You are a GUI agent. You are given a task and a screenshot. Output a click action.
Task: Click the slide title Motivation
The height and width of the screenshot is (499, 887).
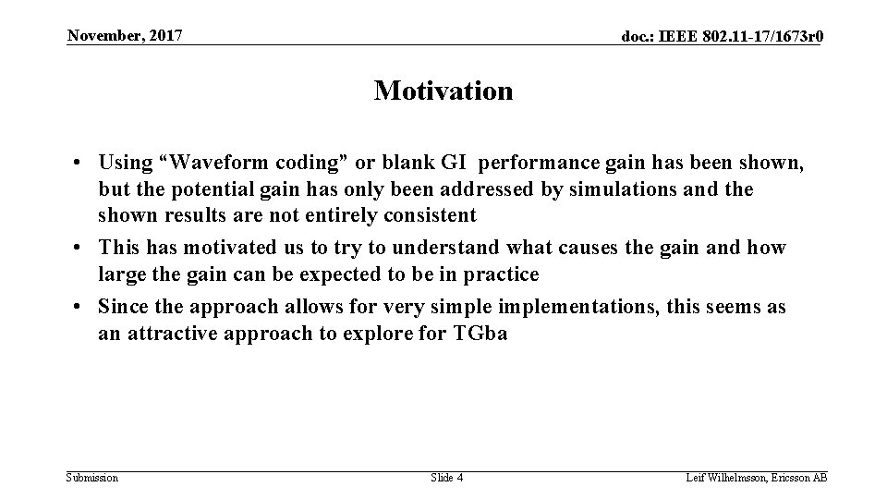point(443,91)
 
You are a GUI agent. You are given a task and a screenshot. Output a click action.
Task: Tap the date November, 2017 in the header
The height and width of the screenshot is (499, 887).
point(125,36)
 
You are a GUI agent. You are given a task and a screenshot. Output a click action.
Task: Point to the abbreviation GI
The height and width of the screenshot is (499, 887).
point(453,163)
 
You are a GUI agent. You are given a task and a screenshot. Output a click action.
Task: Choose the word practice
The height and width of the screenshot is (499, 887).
point(500,274)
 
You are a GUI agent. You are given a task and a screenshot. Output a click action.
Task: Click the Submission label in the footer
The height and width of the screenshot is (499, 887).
point(92,478)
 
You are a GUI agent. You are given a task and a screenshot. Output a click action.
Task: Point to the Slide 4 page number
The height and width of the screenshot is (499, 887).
point(447,478)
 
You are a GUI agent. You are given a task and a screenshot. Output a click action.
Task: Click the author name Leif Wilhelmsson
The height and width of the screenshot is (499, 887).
point(728,478)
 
